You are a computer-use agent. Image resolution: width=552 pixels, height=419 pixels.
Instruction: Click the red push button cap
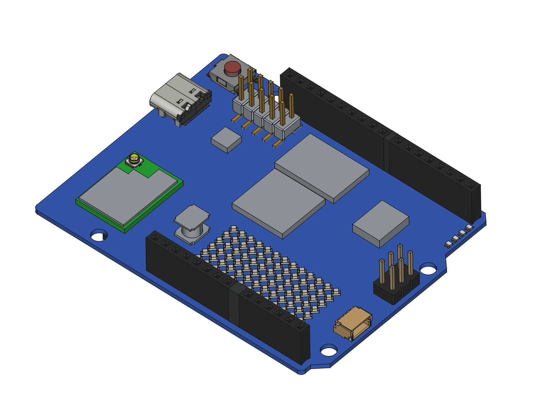point(232,68)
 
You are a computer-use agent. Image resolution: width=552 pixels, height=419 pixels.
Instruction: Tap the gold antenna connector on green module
point(134,159)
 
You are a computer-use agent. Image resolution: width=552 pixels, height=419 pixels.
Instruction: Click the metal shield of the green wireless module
point(128,196)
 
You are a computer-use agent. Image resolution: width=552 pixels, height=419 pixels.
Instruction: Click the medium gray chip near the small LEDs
point(381,222)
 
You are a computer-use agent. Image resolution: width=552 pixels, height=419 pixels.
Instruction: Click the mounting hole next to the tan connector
point(329,351)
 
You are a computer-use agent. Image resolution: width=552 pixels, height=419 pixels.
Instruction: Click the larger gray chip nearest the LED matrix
point(279,203)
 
